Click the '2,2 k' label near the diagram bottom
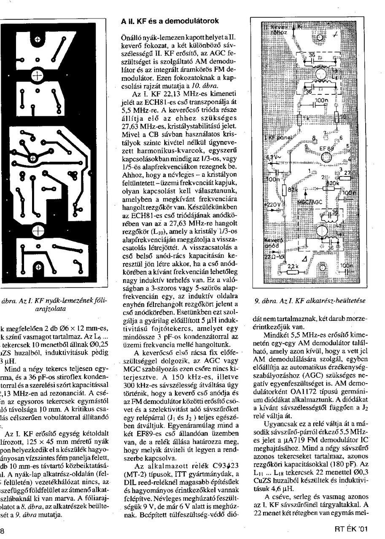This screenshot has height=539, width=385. [x=292, y=267]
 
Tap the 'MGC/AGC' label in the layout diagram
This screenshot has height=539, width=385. [x=310, y=202]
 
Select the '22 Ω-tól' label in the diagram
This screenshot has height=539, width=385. [x=273, y=257]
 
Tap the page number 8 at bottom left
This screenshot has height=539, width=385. [x=2, y=530]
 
